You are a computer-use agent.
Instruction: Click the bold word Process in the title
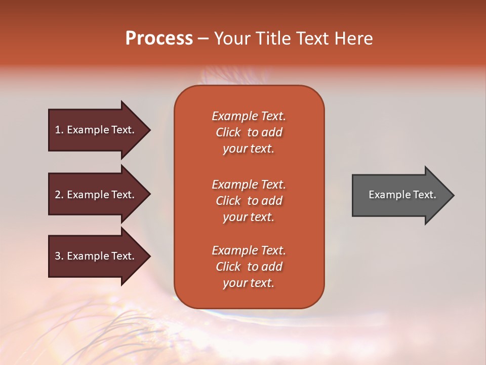point(159,39)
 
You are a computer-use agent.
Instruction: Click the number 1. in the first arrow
point(59,130)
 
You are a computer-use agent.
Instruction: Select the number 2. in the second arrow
point(59,195)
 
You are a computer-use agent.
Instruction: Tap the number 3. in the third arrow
point(59,256)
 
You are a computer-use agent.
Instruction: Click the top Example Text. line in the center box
point(249,116)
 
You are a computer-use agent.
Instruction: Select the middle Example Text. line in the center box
point(249,185)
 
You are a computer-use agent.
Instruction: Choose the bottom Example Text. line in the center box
point(249,250)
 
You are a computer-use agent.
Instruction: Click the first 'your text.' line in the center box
point(249,149)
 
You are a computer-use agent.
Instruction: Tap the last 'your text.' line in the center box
point(249,283)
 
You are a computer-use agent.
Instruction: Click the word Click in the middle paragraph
point(228,201)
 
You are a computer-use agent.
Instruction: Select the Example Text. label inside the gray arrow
point(402,195)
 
